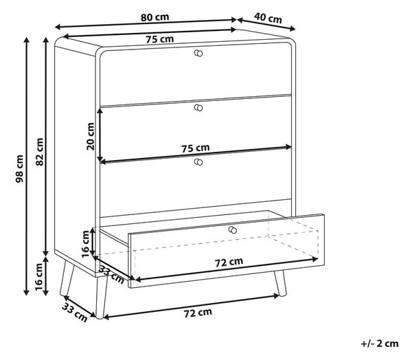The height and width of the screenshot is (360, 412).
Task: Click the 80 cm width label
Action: coord(154,17)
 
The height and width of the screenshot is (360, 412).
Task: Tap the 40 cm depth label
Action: coord(268,18)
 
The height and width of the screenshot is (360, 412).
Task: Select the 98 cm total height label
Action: coord(19,168)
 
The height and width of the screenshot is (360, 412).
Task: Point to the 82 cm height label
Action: coord(39,152)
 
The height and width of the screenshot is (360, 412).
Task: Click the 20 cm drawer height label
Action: coord(91,136)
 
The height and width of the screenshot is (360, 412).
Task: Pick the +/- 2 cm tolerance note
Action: coord(380,344)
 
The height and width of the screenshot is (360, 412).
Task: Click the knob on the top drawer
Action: coord(198,53)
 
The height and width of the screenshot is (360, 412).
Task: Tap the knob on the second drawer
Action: coord(198,108)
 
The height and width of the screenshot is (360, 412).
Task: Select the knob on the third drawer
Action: coord(198,162)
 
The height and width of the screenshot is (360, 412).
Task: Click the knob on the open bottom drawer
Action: coord(233,230)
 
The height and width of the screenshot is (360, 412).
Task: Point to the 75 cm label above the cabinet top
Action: coord(160,39)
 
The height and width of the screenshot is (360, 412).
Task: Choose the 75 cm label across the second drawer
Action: coord(196,148)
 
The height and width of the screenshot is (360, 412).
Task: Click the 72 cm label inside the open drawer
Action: coord(229,262)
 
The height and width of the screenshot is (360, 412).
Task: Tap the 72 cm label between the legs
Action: coord(198,313)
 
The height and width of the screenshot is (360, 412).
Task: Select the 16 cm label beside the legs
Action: coord(39,277)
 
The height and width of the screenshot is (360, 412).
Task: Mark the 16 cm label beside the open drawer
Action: coord(86,244)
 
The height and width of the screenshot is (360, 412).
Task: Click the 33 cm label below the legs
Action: coord(75,312)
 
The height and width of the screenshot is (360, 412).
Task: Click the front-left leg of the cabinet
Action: coord(102,297)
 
